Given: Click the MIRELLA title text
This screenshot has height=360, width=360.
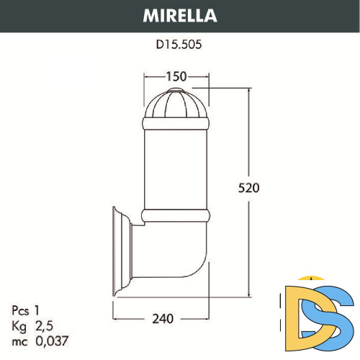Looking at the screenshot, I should coord(179,14).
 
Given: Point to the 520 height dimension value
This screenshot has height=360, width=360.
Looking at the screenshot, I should coord(248,188).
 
